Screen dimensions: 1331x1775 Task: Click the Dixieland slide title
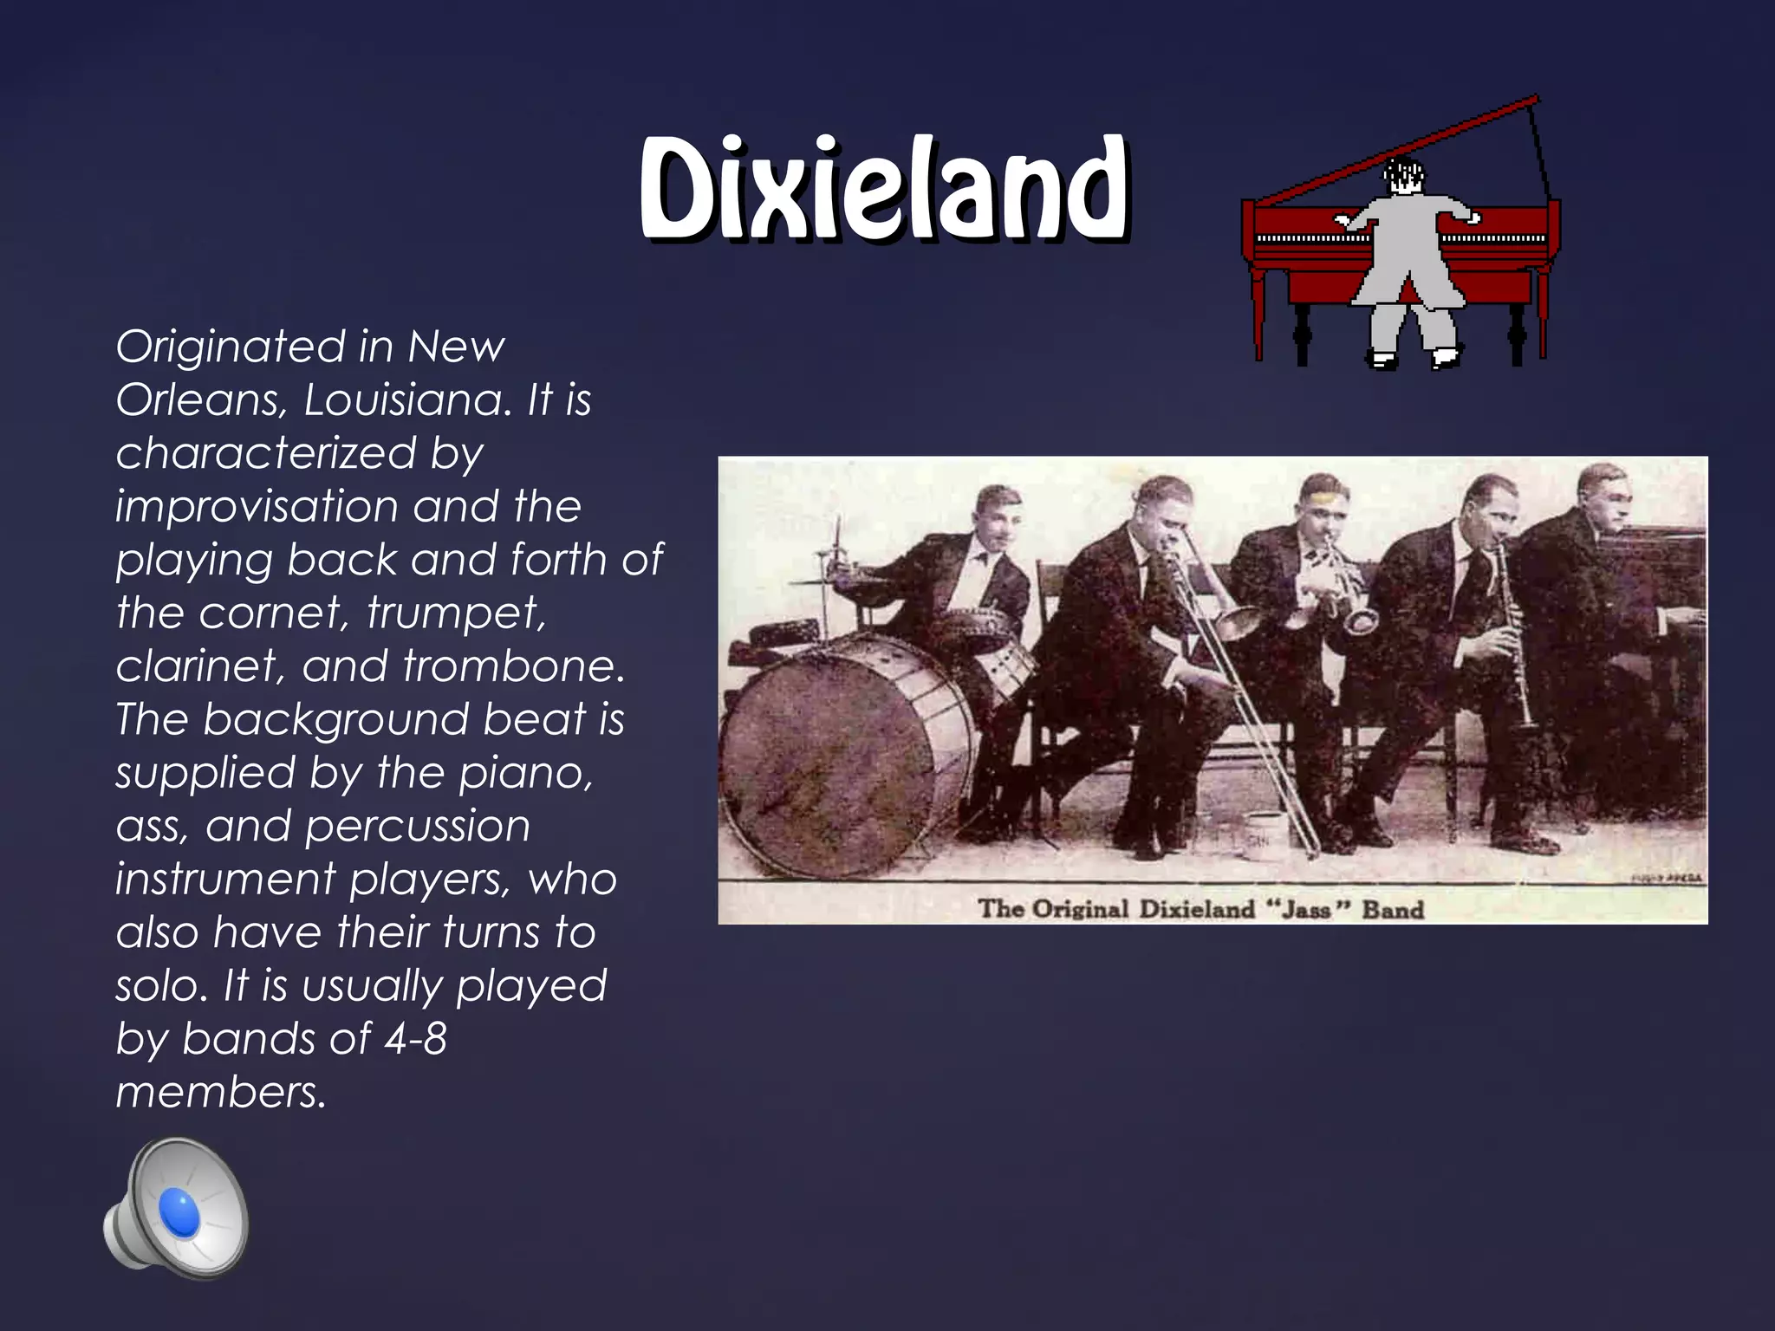click(x=884, y=188)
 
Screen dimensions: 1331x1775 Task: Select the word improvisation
click(x=257, y=507)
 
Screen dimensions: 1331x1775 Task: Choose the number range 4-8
click(x=415, y=1039)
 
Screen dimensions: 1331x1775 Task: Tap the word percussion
click(x=418, y=826)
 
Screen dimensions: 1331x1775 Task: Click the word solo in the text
click(x=161, y=986)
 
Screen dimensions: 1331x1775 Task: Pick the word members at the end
click(x=220, y=1093)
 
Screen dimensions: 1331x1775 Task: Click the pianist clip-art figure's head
click(x=1402, y=178)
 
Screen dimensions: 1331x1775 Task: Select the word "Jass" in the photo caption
click(x=1308, y=909)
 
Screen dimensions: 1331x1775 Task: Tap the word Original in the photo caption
click(x=1081, y=909)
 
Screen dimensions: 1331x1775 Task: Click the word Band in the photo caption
click(x=1393, y=909)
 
